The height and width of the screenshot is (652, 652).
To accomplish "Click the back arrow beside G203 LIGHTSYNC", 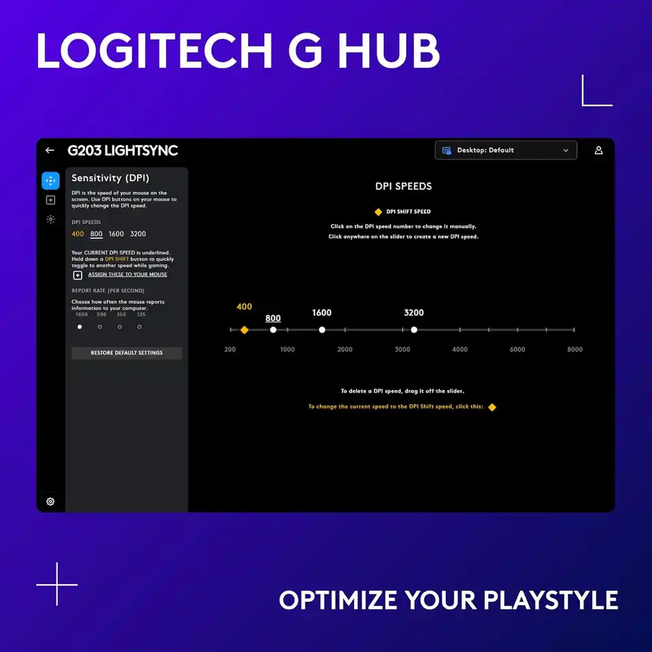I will [x=50, y=150].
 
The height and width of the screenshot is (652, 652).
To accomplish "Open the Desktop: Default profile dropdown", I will [x=505, y=150].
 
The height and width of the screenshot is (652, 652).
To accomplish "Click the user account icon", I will [x=598, y=150].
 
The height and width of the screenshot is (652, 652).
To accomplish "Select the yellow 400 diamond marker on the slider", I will [x=244, y=330].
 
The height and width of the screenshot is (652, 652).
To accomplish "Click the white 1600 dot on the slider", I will [x=322, y=330].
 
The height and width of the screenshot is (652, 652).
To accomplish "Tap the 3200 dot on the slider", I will [x=414, y=330].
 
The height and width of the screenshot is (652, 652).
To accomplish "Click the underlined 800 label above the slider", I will [x=273, y=318].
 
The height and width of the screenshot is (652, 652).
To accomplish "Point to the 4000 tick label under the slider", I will [x=460, y=349].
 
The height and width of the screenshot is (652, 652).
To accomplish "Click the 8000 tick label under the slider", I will [x=575, y=349].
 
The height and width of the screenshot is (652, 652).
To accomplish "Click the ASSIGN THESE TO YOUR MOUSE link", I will [x=127, y=274].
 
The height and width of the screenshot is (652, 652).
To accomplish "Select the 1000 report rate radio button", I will [x=79, y=327].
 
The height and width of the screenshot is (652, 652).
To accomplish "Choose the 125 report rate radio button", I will [x=139, y=327].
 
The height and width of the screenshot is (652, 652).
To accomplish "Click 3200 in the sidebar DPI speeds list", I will [x=138, y=234].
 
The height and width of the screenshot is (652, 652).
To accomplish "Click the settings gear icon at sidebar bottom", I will [x=50, y=502].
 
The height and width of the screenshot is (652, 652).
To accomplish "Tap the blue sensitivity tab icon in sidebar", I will [x=50, y=181].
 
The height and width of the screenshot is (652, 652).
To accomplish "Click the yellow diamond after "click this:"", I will [x=492, y=407].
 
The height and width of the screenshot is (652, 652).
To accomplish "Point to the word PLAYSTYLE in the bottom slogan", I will [x=550, y=600].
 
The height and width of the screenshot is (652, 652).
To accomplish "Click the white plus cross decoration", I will [x=57, y=584].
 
